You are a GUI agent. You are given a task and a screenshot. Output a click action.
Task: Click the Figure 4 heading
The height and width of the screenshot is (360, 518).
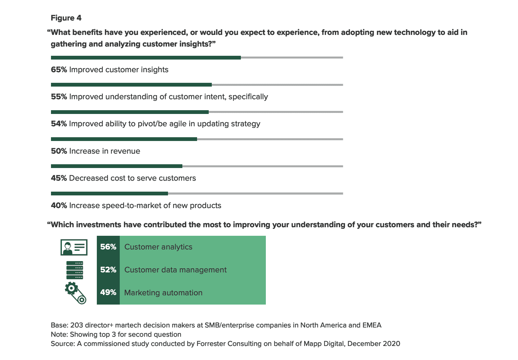(66, 18)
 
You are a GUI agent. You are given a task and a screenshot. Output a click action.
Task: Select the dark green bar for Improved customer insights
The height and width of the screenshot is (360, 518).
(146, 57)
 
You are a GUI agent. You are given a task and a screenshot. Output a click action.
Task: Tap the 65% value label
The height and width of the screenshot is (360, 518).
(59, 70)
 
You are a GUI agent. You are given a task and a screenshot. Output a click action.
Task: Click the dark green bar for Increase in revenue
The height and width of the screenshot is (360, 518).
(124, 139)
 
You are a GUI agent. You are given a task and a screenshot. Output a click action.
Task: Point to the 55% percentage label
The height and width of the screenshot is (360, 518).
(59, 97)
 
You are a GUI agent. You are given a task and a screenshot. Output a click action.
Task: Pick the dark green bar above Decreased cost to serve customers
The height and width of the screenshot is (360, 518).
(116, 166)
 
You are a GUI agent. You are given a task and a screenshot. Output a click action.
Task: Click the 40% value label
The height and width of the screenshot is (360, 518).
(59, 206)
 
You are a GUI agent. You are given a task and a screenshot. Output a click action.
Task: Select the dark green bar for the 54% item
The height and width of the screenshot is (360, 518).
(130, 112)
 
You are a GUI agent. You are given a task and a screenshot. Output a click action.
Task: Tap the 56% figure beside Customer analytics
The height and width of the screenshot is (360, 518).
(108, 247)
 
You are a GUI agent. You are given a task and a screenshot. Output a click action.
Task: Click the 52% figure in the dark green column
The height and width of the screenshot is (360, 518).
(108, 270)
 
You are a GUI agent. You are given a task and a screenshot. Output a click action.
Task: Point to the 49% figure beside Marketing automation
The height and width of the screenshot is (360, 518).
(108, 293)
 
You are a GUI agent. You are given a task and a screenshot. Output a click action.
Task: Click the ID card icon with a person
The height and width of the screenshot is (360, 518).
(74, 247)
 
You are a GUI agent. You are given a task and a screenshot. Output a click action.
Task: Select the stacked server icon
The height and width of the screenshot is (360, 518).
(75, 270)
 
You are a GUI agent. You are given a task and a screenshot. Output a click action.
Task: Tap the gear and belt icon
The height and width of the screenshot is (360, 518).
(76, 293)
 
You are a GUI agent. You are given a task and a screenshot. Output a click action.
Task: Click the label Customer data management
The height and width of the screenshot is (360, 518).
(175, 270)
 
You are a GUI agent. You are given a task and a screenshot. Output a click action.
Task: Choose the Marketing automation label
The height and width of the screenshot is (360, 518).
(163, 293)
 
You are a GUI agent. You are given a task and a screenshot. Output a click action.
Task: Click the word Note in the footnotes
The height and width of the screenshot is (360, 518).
(58, 334)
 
